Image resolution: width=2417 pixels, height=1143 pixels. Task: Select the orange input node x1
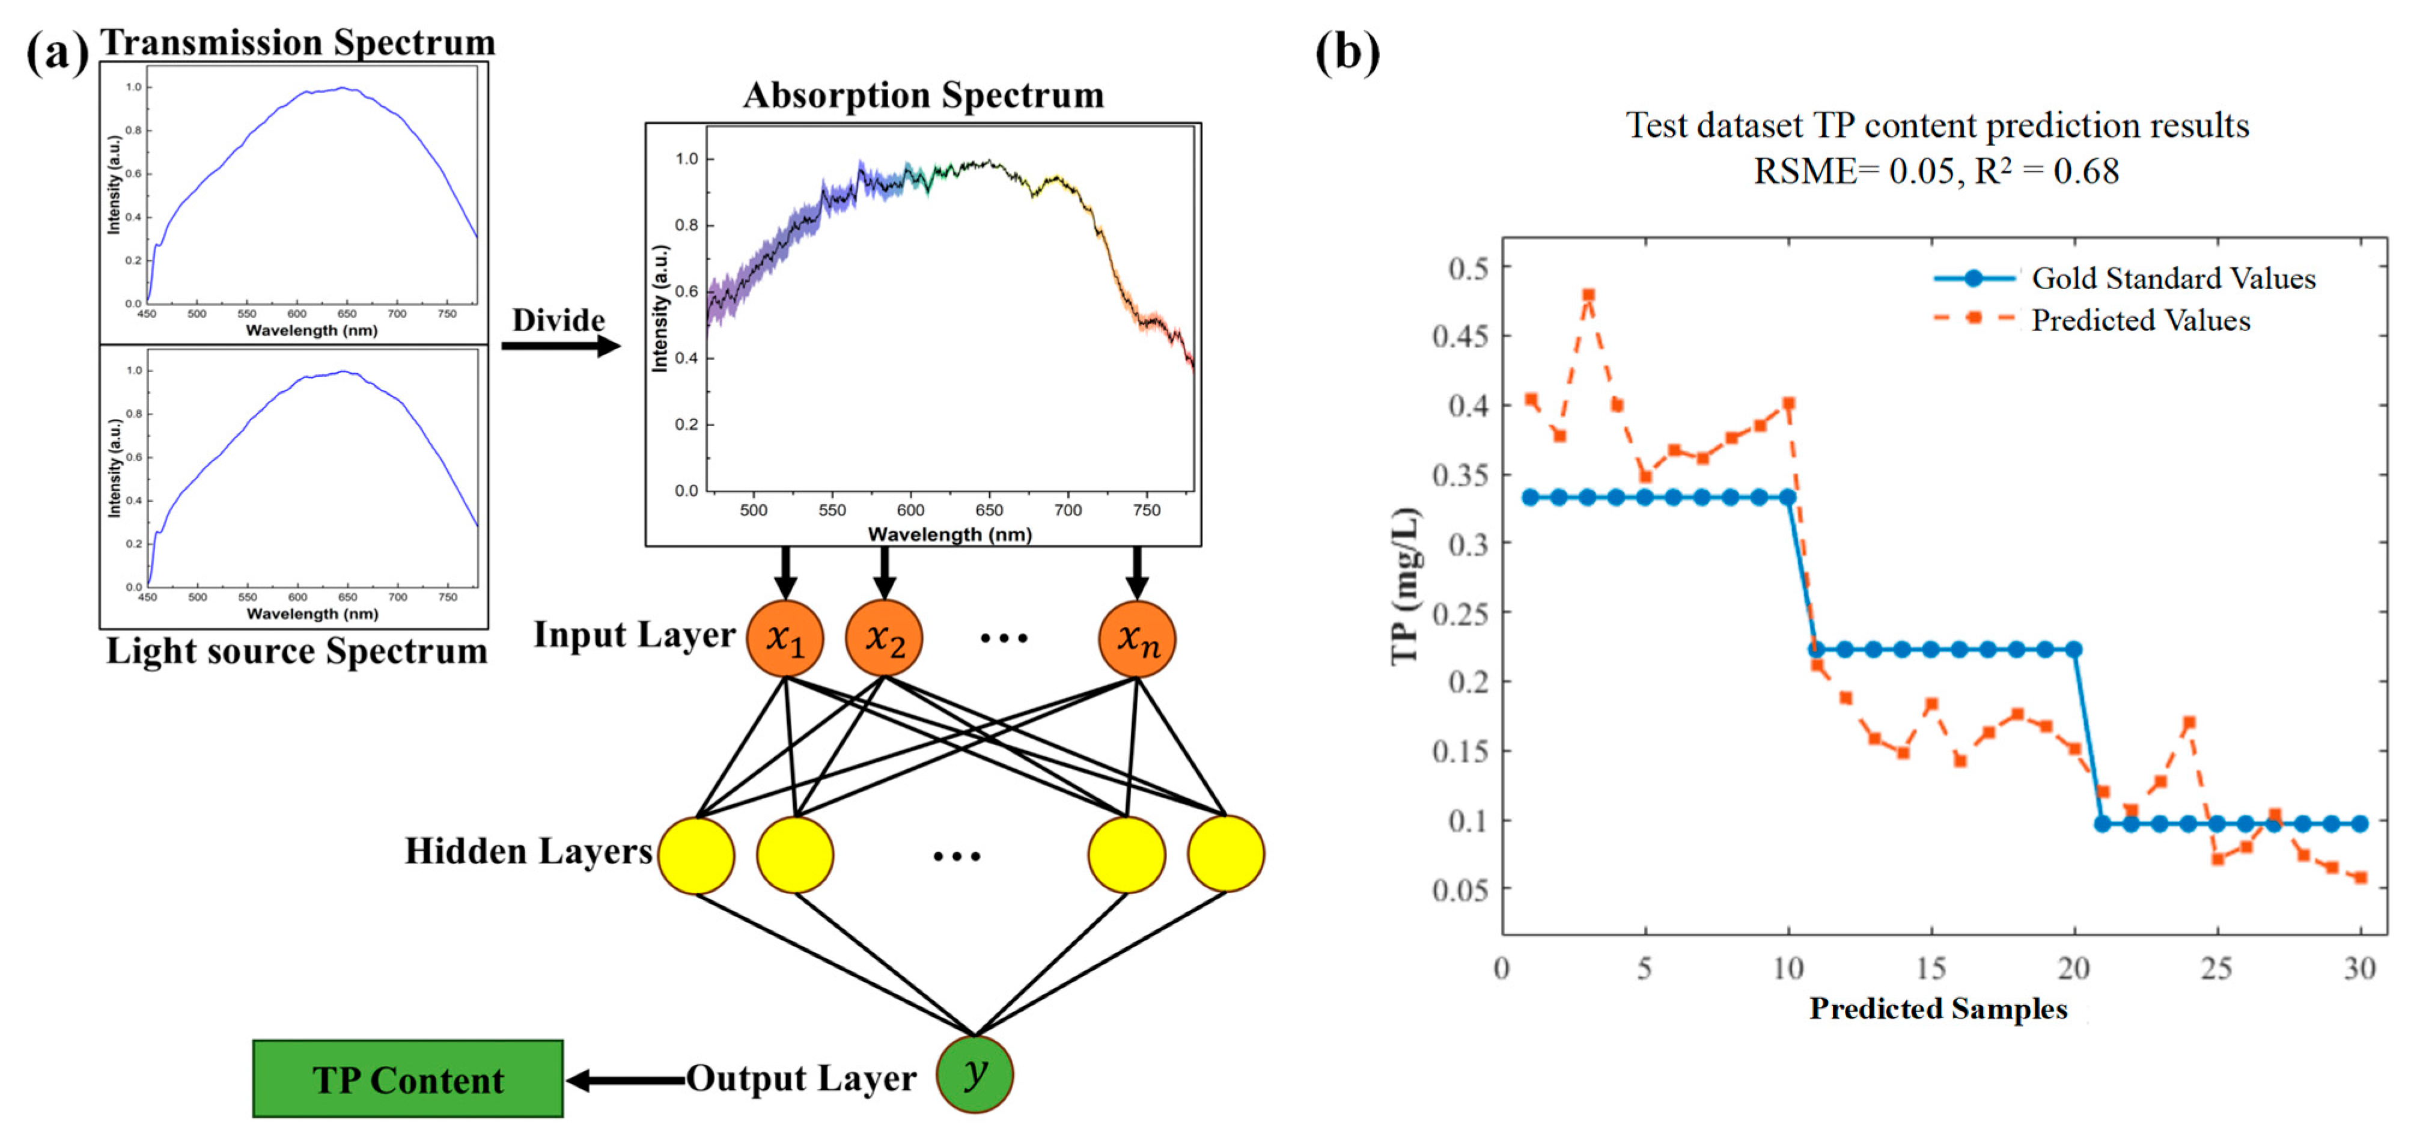click(x=784, y=639)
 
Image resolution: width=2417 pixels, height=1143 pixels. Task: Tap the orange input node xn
click(x=1136, y=639)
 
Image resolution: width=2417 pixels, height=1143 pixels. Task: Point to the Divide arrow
click(x=560, y=346)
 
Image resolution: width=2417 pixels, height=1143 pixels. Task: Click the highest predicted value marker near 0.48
click(x=1588, y=294)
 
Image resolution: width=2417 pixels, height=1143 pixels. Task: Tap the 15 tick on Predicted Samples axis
click(x=1931, y=968)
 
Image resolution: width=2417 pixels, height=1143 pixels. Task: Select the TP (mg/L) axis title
click(x=1404, y=587)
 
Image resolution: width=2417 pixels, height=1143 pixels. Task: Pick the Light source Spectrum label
click(x=296, y=650)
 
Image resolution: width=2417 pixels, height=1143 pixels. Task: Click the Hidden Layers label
click(x=528, y=850)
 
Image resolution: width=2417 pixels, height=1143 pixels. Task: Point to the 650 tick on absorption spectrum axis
click(x=989, y=510)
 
